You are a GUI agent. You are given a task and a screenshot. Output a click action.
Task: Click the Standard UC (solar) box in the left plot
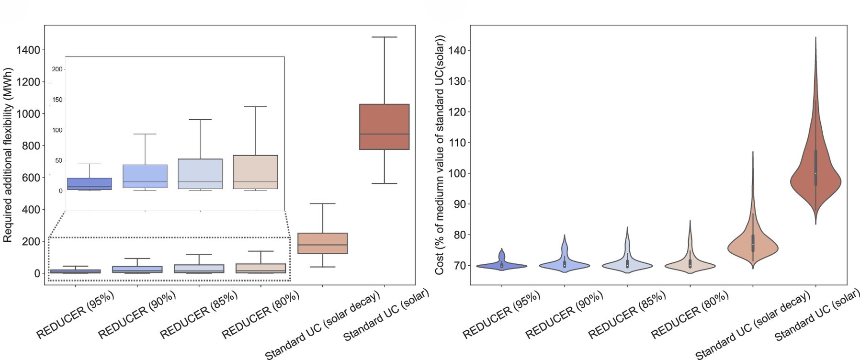pos(384,126)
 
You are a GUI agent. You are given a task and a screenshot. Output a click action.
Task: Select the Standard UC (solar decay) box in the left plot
pos(322,243)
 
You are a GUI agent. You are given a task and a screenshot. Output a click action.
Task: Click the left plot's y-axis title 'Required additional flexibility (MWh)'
pos(8,154)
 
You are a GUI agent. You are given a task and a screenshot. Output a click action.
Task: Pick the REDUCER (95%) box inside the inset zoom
pos(90,184)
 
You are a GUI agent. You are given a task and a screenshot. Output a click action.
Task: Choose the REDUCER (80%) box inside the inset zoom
pos(255,172)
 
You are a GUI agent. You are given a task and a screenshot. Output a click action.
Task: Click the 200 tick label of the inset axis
pos(57,69)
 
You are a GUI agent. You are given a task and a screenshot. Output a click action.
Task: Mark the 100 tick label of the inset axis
pos(57,130)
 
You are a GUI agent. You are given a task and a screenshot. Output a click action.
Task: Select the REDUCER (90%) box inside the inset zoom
pos(145,176)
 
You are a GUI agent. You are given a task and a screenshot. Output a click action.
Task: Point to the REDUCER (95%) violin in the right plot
pos(501,265)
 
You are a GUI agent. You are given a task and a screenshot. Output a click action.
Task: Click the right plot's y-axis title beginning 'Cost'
pos(440,155)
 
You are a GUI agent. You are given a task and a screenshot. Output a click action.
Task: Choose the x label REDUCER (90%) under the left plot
pos(137,315)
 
